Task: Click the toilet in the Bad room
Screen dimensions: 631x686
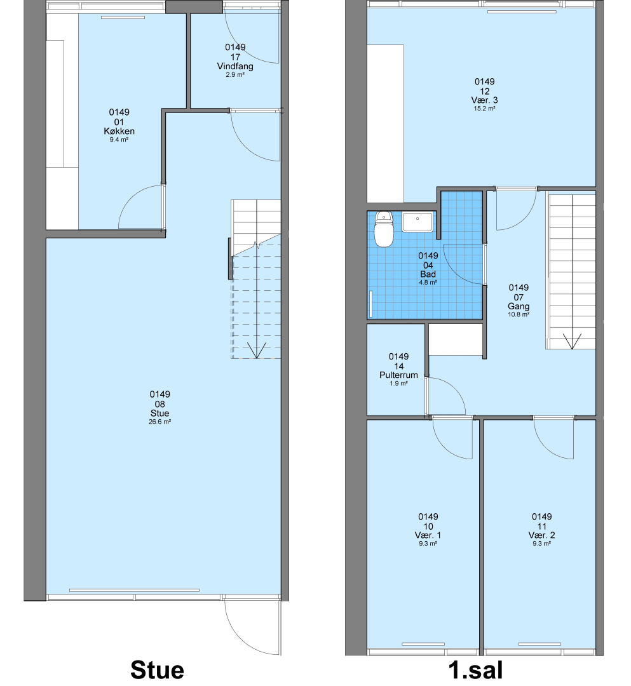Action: (384, 229)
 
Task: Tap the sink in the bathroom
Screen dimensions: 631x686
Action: (417, 222)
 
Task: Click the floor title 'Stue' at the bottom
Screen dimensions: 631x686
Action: (157, 670)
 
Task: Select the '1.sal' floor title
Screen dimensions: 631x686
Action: (476, 670)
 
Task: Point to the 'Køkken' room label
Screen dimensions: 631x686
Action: (119, 131)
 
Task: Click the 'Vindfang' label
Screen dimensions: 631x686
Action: (235, 66)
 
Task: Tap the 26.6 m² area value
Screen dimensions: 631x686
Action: (159, 422)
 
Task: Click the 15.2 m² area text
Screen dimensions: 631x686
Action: (484, 109)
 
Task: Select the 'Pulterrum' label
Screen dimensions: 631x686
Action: (398, 375)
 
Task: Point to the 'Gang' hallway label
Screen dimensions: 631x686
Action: (519, 306)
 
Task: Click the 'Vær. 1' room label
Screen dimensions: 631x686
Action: (428, 535)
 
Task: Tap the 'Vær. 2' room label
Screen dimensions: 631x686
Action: (542, 535)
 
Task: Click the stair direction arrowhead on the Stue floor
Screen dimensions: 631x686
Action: (256, 350)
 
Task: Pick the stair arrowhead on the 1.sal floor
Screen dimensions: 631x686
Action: (571, 341)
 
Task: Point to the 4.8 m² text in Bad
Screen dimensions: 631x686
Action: (428, 283)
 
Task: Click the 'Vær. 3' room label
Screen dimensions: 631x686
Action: (484, 100)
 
